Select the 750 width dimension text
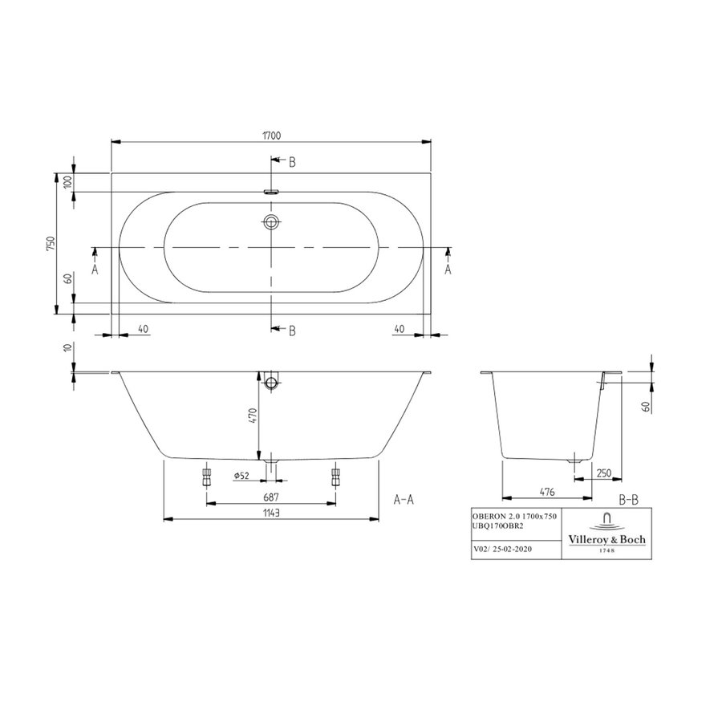point(51,244)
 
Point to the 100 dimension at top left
point(69,181)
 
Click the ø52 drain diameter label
point(242,476)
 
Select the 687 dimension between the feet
point(270,497)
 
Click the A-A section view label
point(404,499)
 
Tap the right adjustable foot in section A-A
point(335,477)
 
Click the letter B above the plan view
point(292,162)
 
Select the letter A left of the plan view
point(95,270)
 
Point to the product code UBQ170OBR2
point(499,525)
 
